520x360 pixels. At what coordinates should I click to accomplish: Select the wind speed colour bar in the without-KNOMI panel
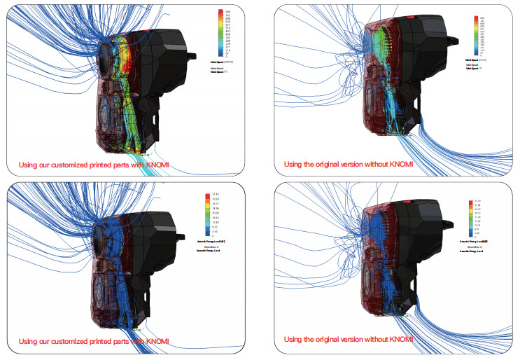(476, 35)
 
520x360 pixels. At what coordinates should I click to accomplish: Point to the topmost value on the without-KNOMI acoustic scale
(478, 202)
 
